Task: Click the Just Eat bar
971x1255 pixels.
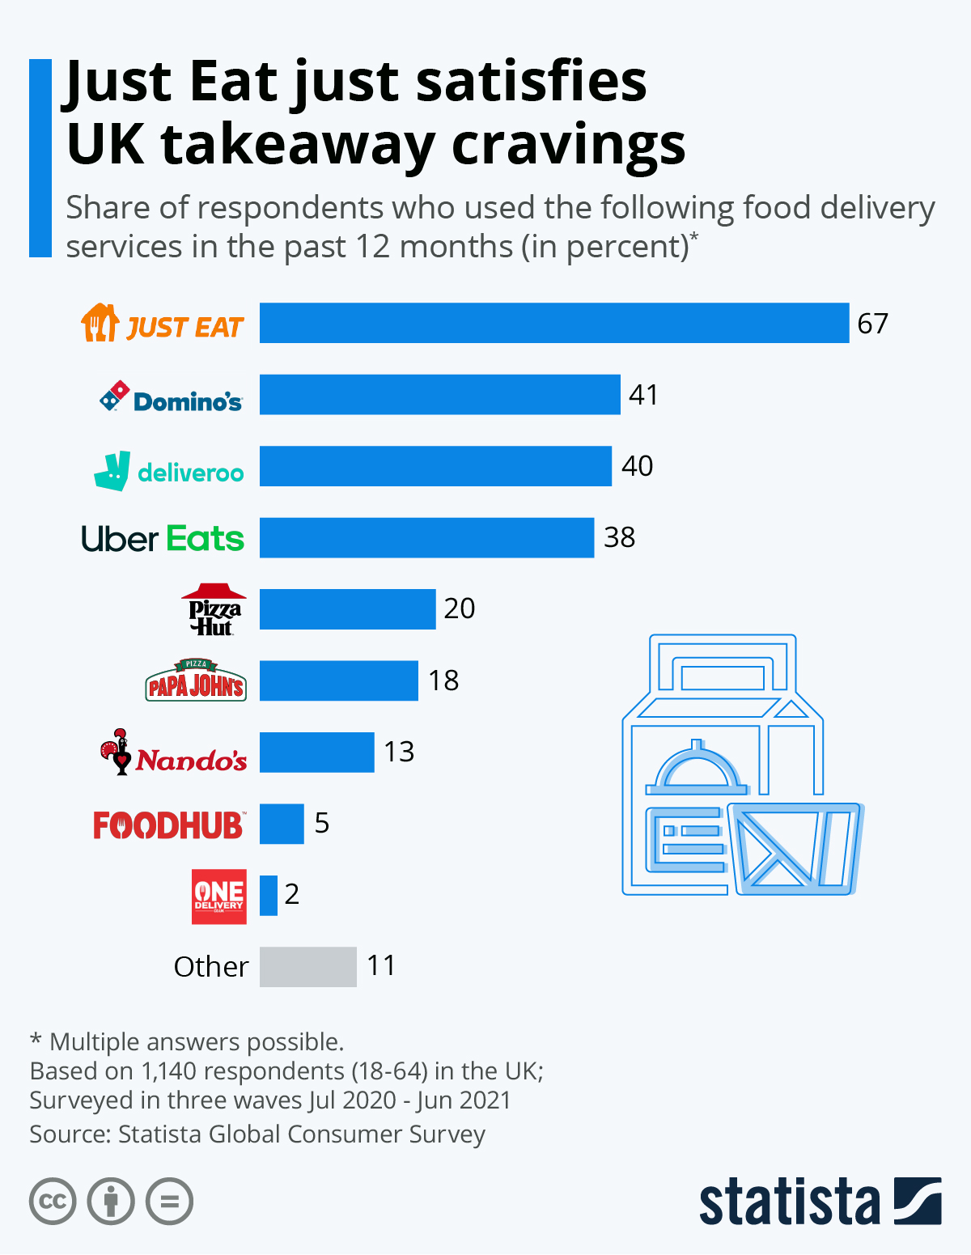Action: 554,323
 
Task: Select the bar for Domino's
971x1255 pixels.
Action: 440,394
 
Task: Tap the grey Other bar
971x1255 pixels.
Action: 308,967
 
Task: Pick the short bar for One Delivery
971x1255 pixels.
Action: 269,895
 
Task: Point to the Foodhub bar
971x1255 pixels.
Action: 282,824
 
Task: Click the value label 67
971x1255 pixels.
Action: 872,324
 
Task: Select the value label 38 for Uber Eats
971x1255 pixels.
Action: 620,538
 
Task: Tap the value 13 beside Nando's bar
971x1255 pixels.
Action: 399,752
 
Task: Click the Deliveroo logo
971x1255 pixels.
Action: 168,471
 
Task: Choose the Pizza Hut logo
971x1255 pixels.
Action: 214,609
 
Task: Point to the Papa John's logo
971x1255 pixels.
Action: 196,680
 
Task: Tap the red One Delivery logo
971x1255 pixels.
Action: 218,897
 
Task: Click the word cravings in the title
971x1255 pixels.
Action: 569,146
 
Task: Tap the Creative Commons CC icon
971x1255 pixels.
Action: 53,1202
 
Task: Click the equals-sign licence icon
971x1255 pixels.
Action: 169,1202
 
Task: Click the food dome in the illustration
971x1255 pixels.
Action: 698,766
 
